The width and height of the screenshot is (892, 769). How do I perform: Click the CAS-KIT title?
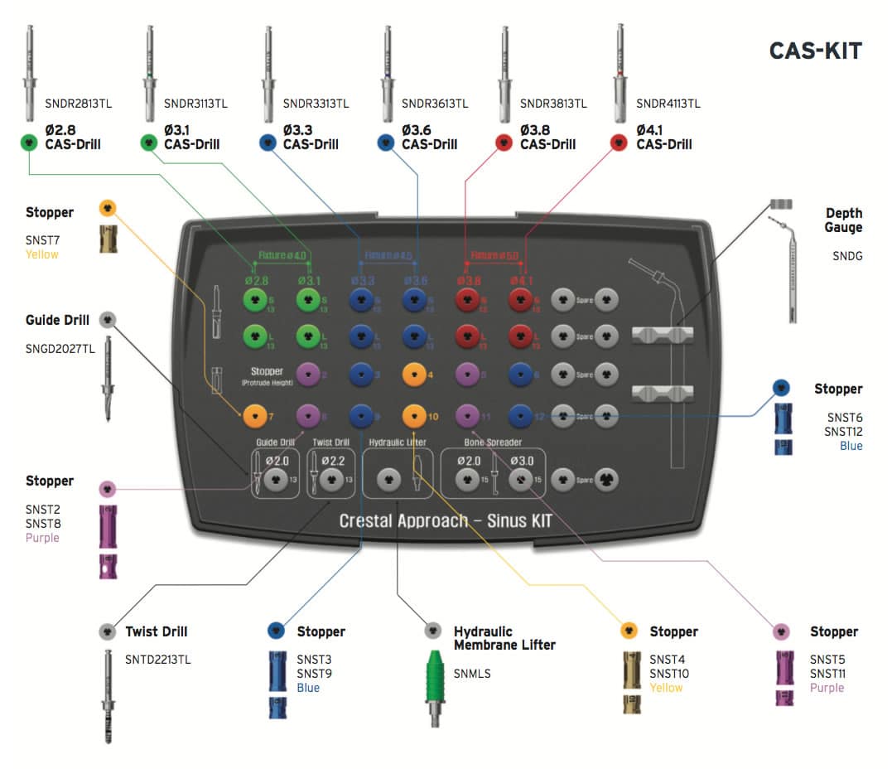click(815, 51)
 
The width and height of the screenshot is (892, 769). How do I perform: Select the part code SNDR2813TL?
click(77, 104)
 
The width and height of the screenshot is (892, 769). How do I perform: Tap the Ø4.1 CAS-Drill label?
click(663, 137)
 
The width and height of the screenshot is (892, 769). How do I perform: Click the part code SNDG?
click(846, 256)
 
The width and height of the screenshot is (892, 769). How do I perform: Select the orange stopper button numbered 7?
click(253, 413)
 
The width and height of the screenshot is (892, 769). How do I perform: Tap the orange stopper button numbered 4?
click(413, 374)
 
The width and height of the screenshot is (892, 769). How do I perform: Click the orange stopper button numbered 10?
click(413, 413)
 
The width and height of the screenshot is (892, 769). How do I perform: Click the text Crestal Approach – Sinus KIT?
click(445, 520)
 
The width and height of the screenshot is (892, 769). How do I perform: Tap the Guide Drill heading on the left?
click(57, 319)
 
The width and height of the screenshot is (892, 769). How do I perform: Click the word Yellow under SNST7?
click(41, 254)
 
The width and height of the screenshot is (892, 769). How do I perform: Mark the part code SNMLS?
click(472, 673)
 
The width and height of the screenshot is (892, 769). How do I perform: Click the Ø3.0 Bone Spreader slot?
click(520, 479)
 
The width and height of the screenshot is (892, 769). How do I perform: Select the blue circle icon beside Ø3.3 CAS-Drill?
click(267, 143)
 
